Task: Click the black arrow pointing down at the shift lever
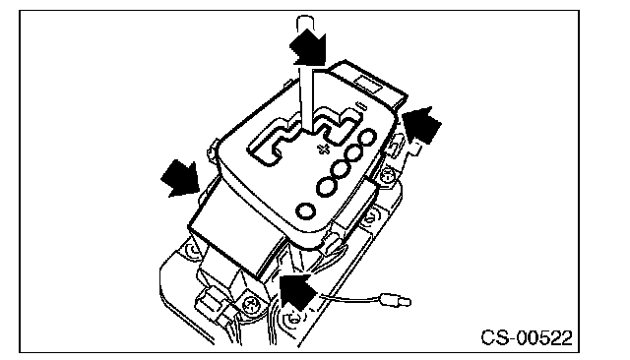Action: (308, 48)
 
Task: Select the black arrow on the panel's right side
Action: (422, 124)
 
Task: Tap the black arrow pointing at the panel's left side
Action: (181, 180)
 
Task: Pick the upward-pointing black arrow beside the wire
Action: (298, 290)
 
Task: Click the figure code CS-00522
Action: (527, 337)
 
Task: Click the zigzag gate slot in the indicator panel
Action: (301, 135)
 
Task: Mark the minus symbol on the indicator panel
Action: (361, 106)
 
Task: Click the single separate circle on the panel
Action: (305, 211)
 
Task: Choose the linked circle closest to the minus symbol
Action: (367, 139)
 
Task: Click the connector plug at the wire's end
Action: (395, 300)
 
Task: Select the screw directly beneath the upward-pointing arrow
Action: (294, 319)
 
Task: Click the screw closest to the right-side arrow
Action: (387, 175)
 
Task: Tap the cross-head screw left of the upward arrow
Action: (253, 302)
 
